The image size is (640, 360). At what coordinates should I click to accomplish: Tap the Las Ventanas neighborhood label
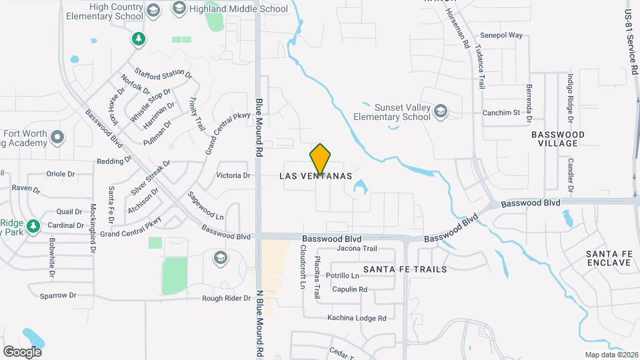pyautogui.click(x=320, y=177)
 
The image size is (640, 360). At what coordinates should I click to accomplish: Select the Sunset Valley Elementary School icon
pyautogui.click(x=440, y=111)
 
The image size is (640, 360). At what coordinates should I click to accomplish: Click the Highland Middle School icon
pyautogui.click(x=178, y=9)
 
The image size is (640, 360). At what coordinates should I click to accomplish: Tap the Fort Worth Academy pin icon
pyautogui.click(x=57, y=138)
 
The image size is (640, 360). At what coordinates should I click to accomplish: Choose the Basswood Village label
pyautogui.click(x=558, y=139)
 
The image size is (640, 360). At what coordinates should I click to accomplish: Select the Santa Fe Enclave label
pyautogui.click(x=608, y=258)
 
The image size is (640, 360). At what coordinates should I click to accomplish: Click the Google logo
pyautogui.click(x=22, y=351)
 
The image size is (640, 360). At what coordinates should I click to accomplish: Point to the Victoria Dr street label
pyautogui.click(x=233, y=176)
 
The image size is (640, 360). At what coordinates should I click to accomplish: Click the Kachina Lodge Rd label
pyautogui.click(x=357, y=318)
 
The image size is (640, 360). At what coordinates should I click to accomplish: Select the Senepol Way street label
pyautogui.click(x=501, y=35)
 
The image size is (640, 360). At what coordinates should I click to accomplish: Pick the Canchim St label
pyautogui.click(x=501, y=113)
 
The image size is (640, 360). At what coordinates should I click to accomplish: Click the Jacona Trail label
pyautogui.click(x=357, y=249)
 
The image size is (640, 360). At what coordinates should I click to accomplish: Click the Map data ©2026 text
pyautogui.click(x=611, y=355)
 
